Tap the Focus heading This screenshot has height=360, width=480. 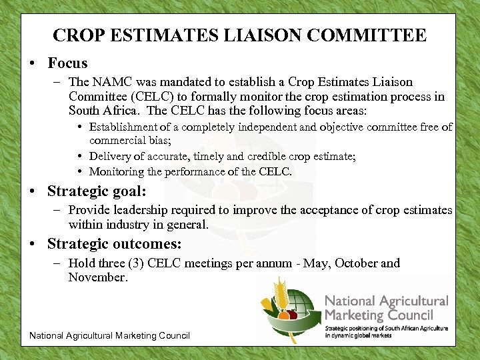pos(67,63)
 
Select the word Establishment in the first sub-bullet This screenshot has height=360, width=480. pos(123,127)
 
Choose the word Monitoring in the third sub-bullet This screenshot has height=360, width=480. pos(116,171)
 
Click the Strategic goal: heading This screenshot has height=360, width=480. pos(97,191)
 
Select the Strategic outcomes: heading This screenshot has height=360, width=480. pos(114,244)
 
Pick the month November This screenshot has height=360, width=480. pos(97,277)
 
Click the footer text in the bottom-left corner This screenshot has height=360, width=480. pos(109,335)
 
